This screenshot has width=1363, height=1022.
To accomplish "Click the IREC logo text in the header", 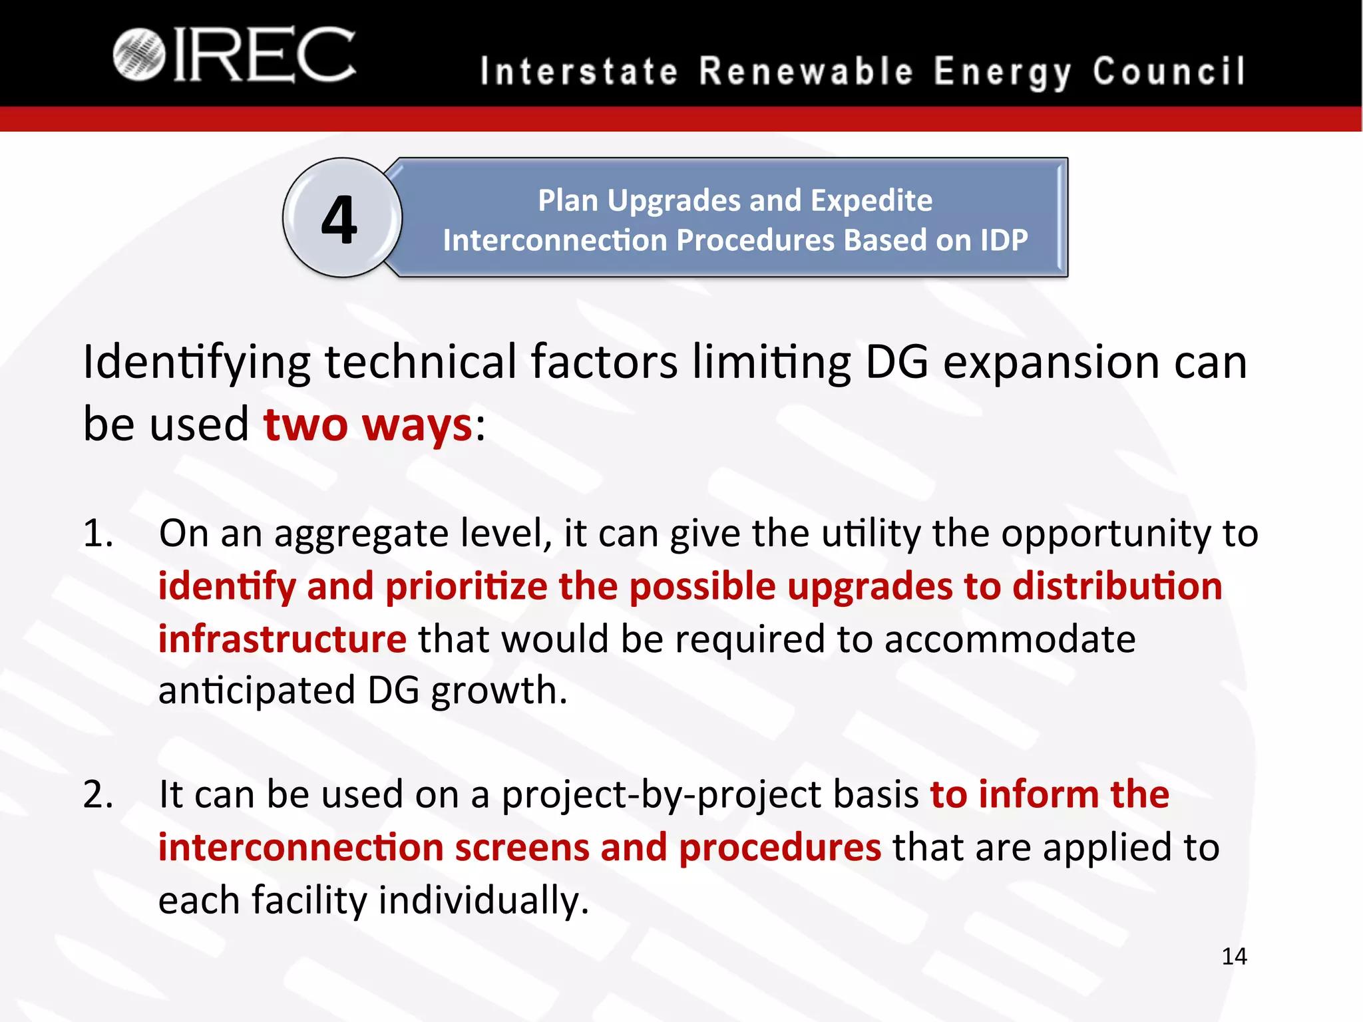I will coord(265,56).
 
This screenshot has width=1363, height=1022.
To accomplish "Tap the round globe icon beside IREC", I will coord(138,55).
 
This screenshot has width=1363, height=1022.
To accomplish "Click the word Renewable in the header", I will coord(807,71).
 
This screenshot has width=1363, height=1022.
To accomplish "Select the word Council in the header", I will coord(1169,71).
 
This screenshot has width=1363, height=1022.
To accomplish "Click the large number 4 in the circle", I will coord(339,220).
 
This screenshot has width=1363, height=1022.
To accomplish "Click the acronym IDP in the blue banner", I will coord(1004,240).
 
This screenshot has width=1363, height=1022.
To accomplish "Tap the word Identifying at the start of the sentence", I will coord(196,363).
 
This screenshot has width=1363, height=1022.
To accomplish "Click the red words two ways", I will coord(367,425).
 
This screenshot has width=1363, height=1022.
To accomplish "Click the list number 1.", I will coord(97,534).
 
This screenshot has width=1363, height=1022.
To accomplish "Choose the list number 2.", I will coord(98,795).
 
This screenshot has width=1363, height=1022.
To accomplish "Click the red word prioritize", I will coord(466,587).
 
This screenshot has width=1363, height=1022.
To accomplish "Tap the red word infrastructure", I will coord(282,639).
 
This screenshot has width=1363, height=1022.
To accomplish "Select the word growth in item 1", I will coord(499,691).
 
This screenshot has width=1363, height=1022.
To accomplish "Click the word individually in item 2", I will coord(484,900).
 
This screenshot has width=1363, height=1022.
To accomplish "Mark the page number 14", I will coord(1234,956).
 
